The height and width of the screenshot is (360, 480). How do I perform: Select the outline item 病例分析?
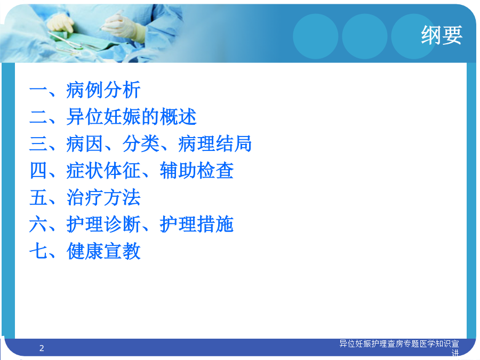click(103, 90)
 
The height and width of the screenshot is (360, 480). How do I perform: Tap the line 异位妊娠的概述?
click(131, 117)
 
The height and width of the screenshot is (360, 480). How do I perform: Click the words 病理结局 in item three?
click(215, 143)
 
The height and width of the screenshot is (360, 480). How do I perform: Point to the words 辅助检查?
click(196, 171)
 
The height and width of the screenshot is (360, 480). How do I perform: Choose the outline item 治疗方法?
click(103, 197)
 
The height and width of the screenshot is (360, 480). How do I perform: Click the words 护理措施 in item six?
click(196, 224)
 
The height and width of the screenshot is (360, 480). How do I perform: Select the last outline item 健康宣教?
click(103, 251)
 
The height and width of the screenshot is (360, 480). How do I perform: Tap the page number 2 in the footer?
click(42, 348)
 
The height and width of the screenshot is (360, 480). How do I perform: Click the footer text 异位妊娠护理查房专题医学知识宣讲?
click(399, 348)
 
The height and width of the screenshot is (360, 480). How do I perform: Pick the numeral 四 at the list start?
click(38, 171)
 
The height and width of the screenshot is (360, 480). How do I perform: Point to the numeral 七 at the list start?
click(38, 251)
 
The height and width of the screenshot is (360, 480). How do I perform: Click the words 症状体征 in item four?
click(103, 171)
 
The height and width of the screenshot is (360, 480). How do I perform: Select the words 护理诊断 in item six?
click(103, 224)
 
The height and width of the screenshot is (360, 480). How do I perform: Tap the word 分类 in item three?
click(141, 143)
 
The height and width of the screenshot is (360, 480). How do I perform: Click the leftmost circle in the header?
click(316, 36)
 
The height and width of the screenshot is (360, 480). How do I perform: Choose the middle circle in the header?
click(365, 36)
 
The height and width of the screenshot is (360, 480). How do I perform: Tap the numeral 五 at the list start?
click(38, 197)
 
